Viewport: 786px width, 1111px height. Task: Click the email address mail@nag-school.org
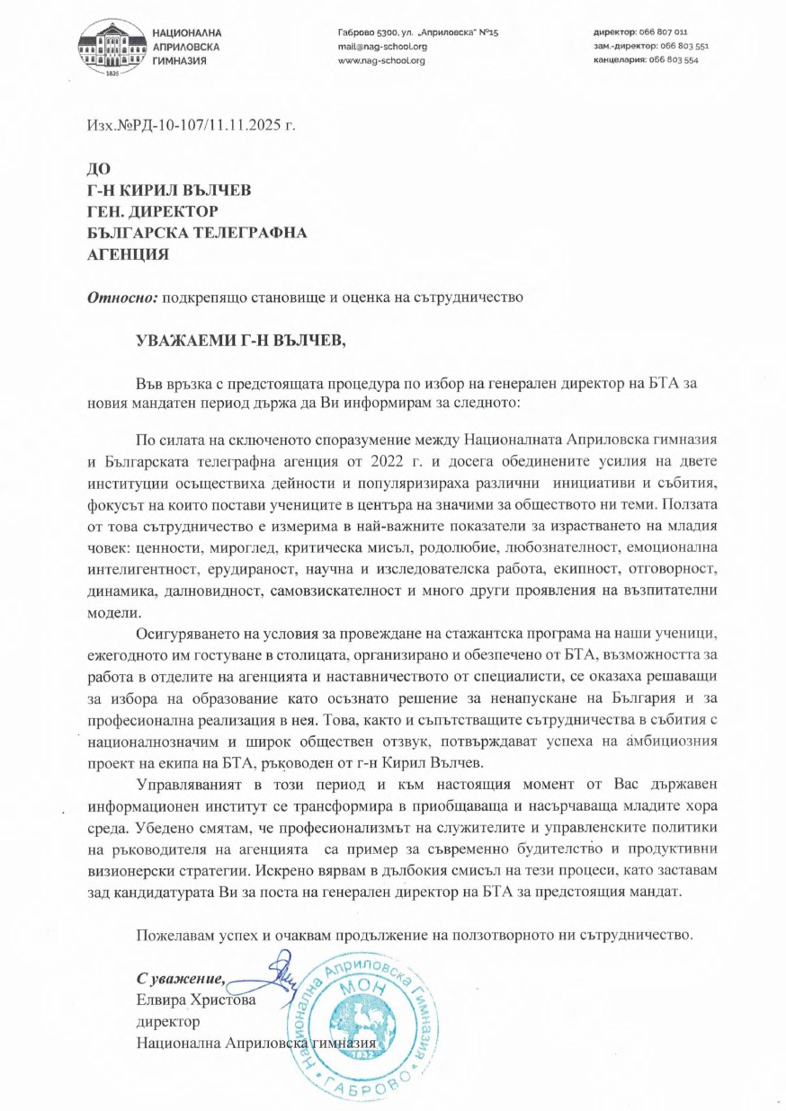point(382,47)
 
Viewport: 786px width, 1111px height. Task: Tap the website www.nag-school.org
point(381,61)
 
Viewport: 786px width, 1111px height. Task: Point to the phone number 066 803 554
point(672,61)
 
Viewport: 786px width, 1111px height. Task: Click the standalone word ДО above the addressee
point(96,168)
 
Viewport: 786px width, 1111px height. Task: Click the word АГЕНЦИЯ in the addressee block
point(127,254)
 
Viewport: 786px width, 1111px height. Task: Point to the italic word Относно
point(121,296)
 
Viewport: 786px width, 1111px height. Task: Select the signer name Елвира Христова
point(196,1000)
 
